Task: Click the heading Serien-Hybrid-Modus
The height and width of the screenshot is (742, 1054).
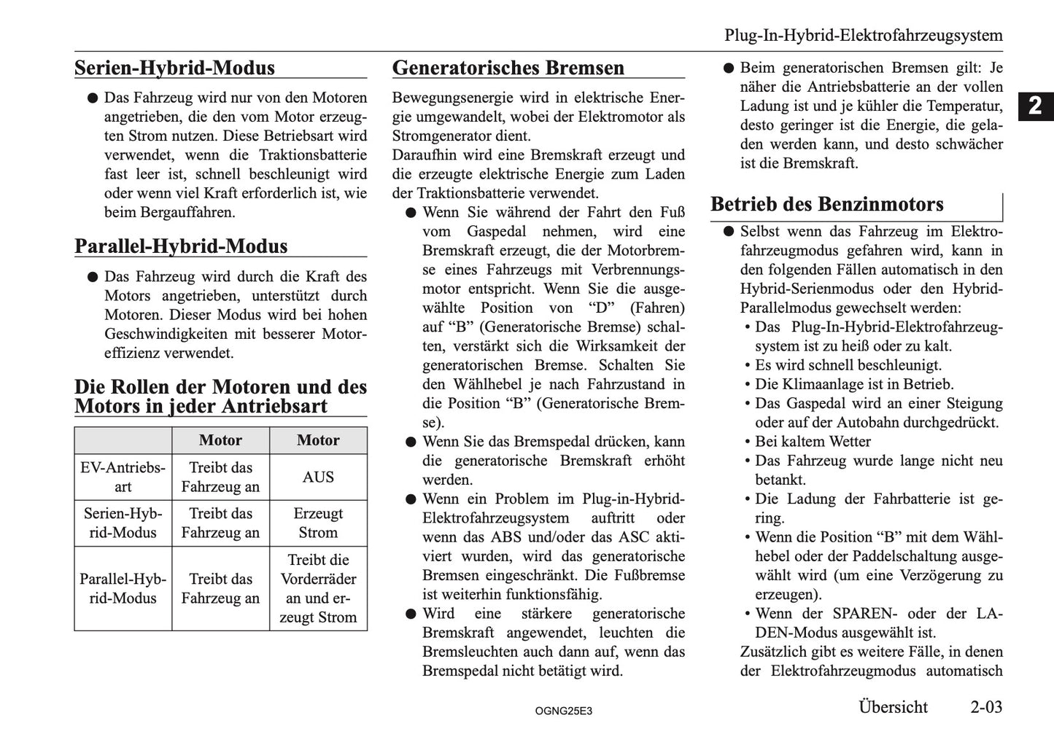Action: (174, 68)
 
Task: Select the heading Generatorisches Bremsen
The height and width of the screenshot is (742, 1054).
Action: (508, 68)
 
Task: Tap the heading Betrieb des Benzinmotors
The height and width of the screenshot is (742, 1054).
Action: (826, 204)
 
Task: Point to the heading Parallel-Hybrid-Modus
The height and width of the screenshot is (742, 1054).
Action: (181, 246)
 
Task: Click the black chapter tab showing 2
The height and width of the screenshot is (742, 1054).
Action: (1035, 106)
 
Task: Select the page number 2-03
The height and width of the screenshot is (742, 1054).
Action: (985, 707)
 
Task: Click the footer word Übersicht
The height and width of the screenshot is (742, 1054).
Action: (893, 707)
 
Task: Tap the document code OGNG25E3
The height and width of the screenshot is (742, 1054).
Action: (563, 710)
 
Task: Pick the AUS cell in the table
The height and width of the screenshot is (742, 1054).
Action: (318, 477)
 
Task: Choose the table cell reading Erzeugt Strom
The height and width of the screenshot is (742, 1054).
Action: (318, 523)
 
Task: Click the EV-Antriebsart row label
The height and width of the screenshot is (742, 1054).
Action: (123, 477)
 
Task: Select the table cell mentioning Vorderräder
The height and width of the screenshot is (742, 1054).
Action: (318, 588)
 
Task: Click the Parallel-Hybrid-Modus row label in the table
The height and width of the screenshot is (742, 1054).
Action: (123, 588)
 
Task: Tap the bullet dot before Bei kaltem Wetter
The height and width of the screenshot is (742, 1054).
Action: (748, 442)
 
